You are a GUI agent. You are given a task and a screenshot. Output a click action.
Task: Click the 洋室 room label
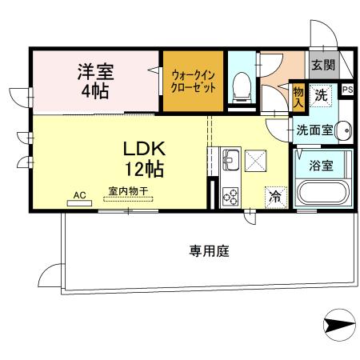pos(96,70)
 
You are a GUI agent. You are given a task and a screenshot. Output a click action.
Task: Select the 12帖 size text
pos(145,170)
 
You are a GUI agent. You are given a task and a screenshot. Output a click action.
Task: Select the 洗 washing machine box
pos(321,95)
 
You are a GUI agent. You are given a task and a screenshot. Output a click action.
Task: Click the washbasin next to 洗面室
pos(344,129)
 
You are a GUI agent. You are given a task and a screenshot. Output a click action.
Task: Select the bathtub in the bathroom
pos(322,194)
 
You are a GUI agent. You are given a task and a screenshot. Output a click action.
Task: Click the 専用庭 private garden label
pos(210,251)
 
